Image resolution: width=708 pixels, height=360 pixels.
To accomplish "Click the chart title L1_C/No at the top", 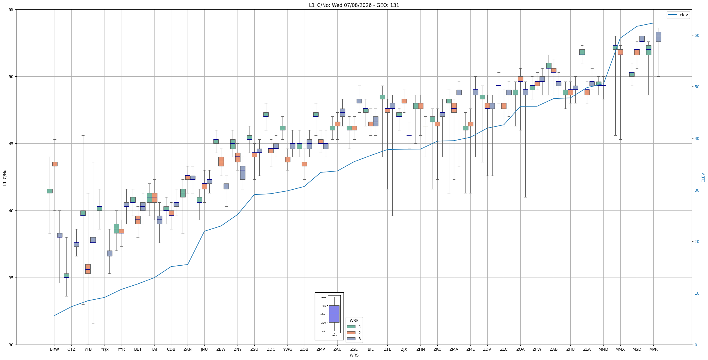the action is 354,5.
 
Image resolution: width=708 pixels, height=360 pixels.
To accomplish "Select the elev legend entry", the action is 678,15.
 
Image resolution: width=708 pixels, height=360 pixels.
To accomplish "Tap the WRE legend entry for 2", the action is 354,333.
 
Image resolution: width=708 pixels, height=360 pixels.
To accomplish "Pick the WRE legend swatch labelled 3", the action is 351,339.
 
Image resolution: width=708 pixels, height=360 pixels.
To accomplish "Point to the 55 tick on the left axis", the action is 12,10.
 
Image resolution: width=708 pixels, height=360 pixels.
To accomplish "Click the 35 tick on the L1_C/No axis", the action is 12,278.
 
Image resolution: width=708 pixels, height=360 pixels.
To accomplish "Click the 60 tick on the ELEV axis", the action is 696,35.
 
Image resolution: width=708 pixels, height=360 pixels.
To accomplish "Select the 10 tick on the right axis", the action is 696,293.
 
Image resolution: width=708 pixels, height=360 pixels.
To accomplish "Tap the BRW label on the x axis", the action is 55,350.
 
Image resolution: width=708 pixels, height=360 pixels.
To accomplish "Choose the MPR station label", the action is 653,350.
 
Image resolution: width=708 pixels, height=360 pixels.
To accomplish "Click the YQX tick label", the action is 105,350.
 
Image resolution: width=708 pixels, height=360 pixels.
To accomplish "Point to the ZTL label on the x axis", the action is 387,350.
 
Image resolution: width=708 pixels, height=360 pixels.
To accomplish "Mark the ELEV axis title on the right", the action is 703,177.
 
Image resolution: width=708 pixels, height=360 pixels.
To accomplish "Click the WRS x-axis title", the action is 354,355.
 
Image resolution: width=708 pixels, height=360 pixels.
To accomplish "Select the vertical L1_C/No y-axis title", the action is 5,177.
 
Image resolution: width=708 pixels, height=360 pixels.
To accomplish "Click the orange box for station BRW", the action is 55,164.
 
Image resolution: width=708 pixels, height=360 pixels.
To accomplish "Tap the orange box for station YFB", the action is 88,269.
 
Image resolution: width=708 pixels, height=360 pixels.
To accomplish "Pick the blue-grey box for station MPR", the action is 658,37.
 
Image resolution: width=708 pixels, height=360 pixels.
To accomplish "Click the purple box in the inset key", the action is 334,314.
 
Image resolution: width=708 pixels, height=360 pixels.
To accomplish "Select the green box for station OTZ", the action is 67,276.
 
